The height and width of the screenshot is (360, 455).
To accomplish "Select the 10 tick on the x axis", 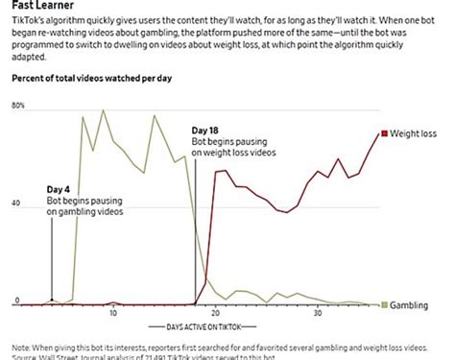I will coord(113,314).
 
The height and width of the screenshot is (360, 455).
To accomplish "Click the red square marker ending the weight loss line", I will coord(383,133).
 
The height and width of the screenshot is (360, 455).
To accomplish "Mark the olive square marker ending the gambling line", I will coord(384,304).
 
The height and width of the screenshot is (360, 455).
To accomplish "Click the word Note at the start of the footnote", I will coord(22,347).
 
